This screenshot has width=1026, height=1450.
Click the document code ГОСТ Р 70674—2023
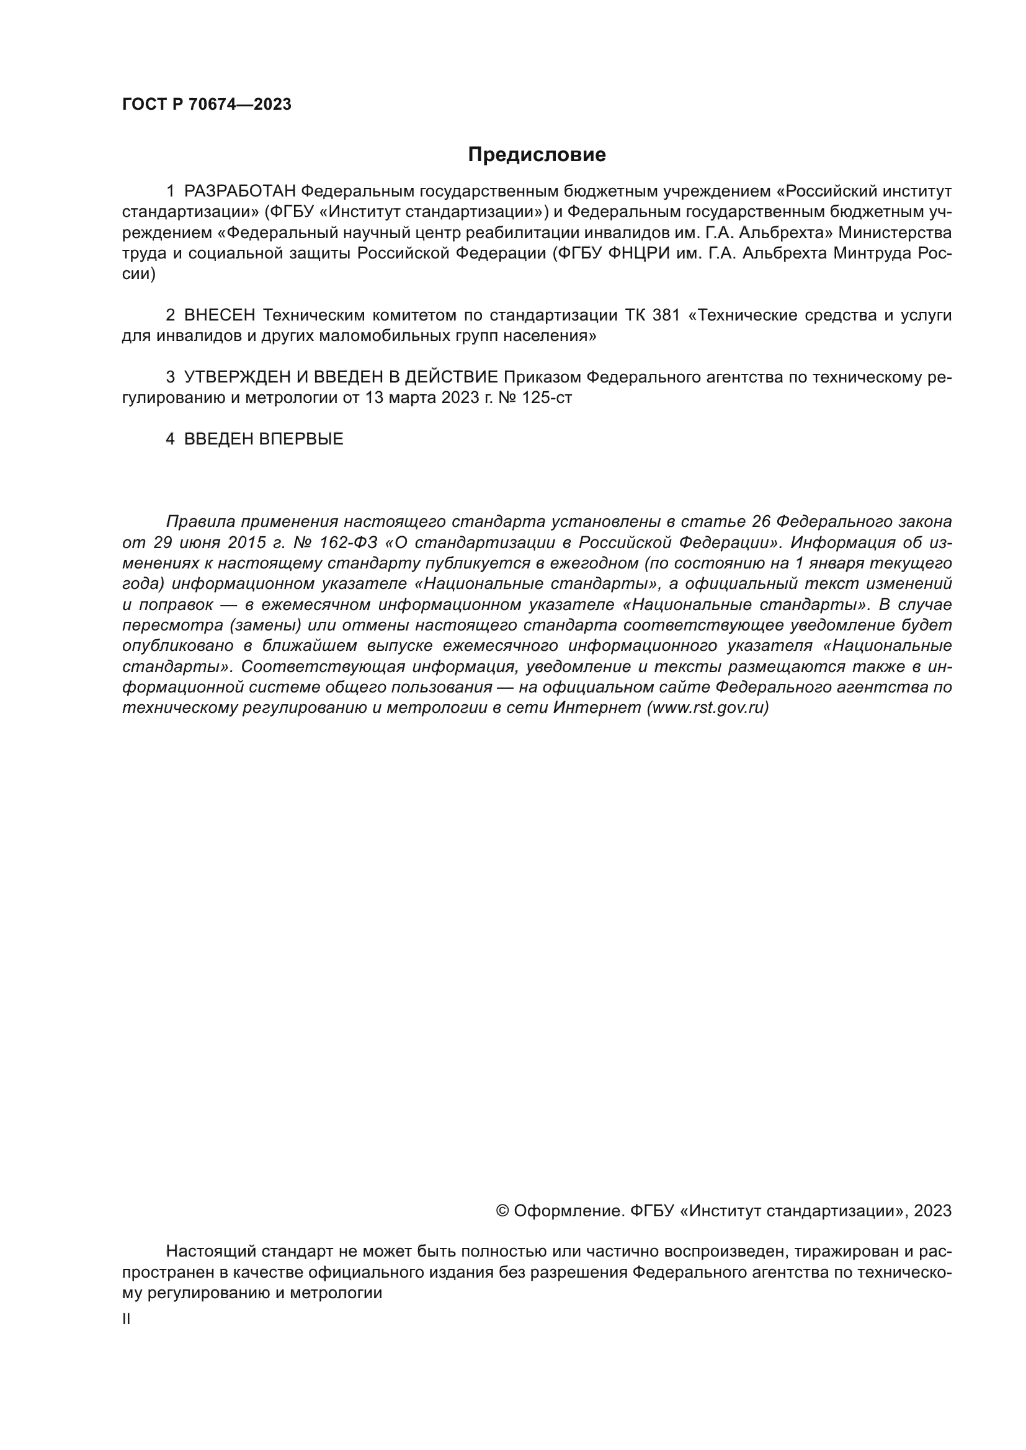(x=207, y=105)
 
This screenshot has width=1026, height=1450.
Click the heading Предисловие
(x=537, y=155)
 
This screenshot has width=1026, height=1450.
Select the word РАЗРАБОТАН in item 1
(x=239, y=192)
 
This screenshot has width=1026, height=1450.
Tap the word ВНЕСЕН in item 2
(x=219, y=315)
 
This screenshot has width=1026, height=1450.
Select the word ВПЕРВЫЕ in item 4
(x=301, y=439)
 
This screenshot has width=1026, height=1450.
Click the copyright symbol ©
(x=502, y=1211)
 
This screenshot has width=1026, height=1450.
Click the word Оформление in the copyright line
(x=569, y=1211)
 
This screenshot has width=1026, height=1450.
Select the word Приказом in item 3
(x=542, y=377)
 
